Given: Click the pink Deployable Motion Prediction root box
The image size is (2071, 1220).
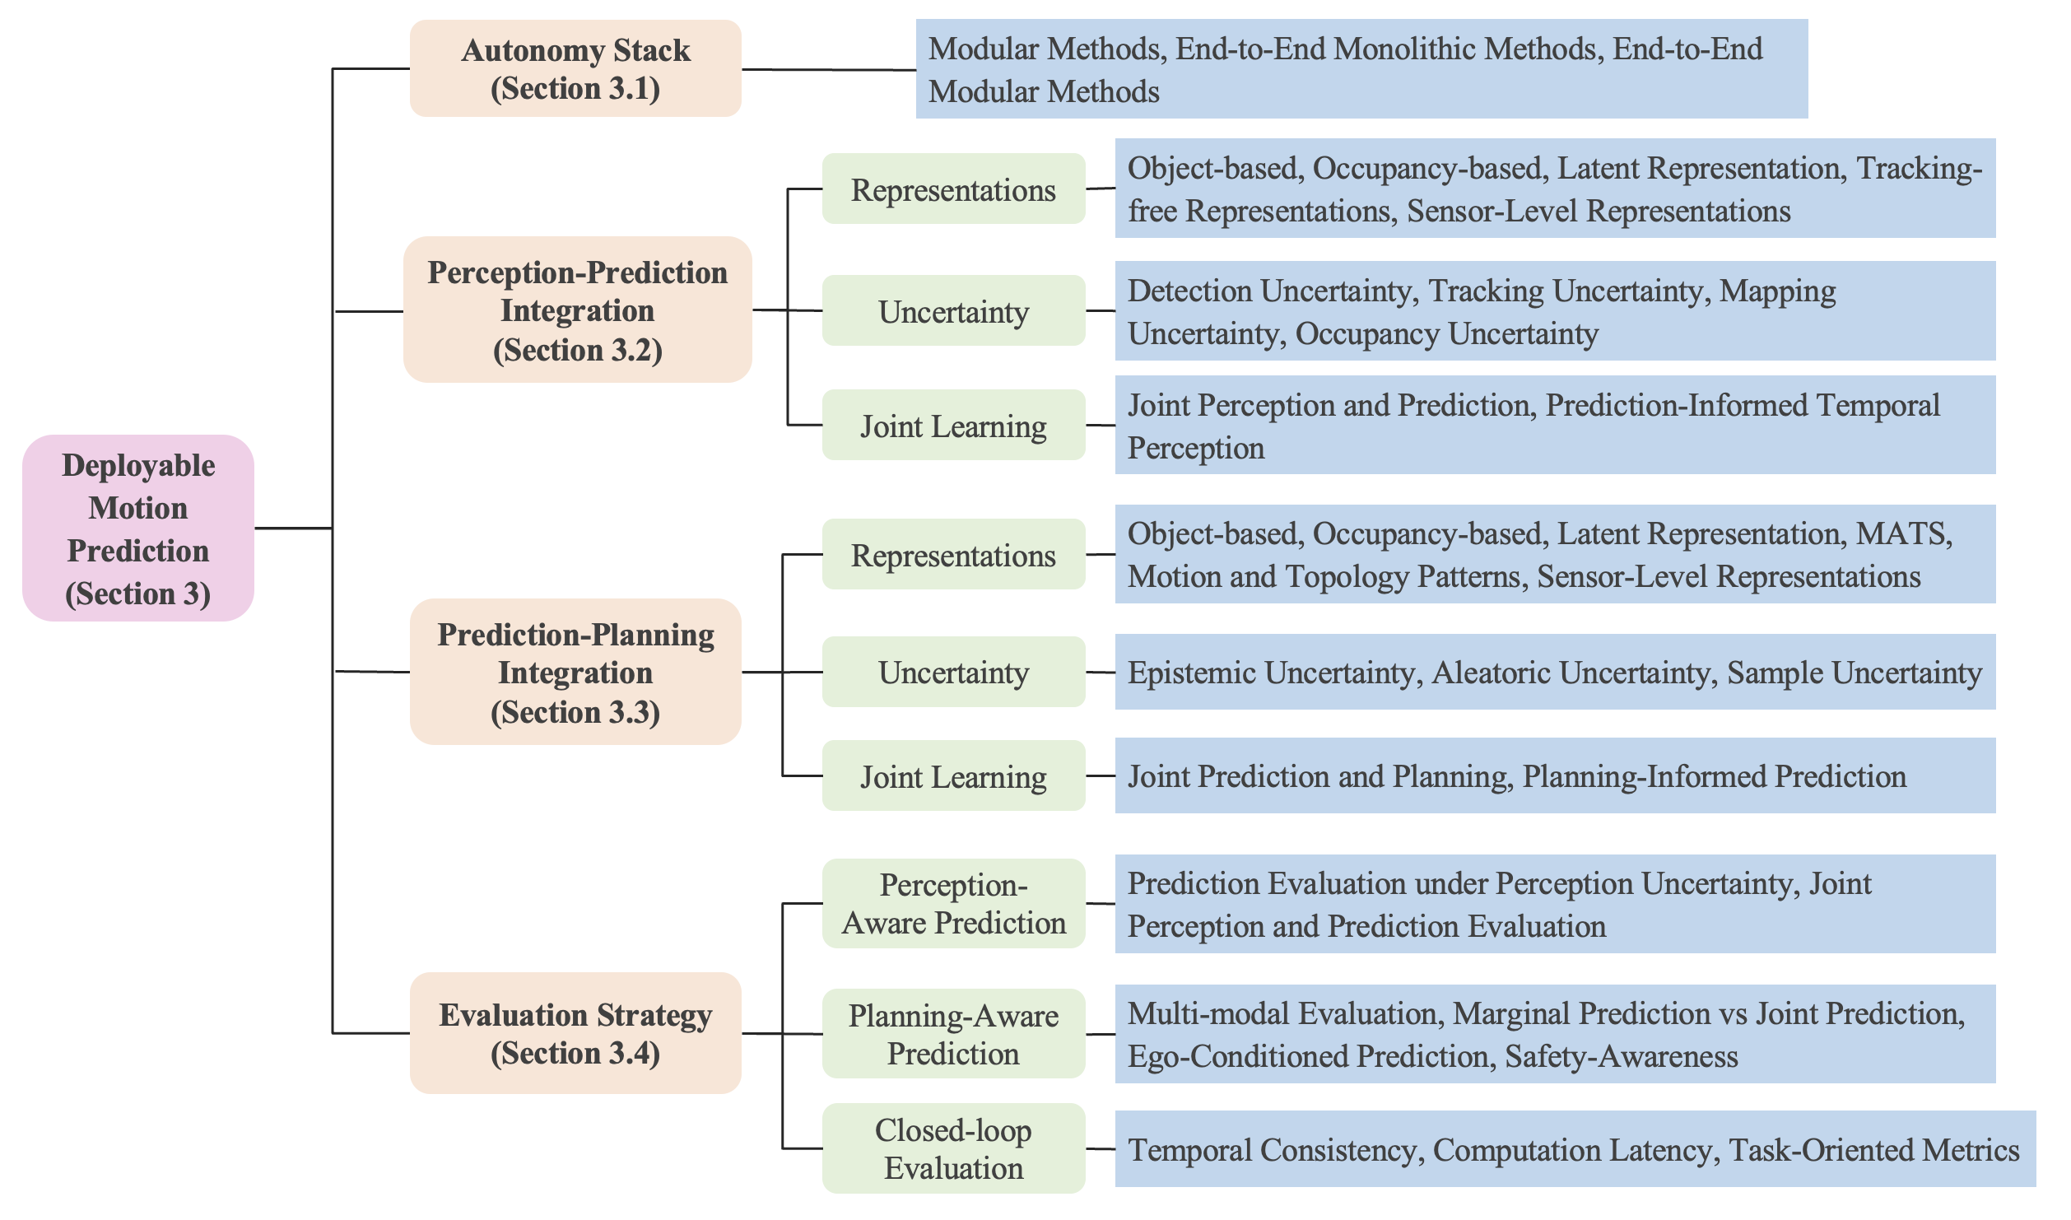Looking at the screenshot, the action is coord(138,528).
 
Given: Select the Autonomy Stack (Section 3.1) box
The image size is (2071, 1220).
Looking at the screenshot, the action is coord(575,68).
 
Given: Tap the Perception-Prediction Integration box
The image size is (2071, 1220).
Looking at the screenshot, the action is coord(578,310).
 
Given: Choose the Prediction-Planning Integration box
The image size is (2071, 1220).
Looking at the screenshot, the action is coord(575,672).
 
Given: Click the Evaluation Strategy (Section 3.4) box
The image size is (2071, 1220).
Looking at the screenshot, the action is coord(575,1033).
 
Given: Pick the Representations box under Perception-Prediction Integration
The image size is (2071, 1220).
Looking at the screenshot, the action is coord(953,189).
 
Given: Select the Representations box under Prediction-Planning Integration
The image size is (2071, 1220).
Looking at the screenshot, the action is coord(953,554).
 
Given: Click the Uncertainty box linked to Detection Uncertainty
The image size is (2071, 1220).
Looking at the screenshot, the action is coord(953,310).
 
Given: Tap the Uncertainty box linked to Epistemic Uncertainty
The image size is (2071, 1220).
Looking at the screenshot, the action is coord(953,672).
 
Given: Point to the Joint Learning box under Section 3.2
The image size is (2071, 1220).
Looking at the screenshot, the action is coord(953,425).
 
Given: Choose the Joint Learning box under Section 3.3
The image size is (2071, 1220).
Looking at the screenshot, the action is coord(953,775).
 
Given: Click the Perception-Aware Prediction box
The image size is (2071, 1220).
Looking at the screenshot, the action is coord(953,903).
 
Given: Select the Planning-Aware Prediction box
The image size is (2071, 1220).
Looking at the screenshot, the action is coord(953,1033).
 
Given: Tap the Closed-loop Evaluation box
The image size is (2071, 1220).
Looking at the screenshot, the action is coord(953,1148).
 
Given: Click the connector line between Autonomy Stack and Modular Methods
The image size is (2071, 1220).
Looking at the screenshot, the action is coord(829,69).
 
